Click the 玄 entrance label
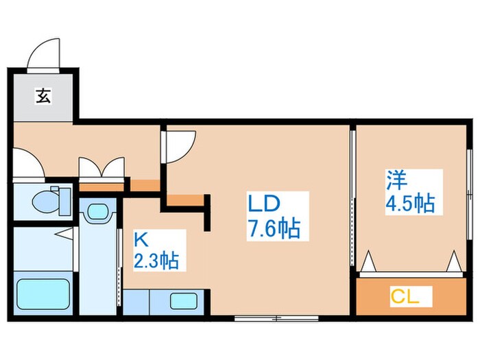pyautogui.click(x=43, y=97)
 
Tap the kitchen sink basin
pyautogui.click(x=182, y=301)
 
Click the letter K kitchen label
pyautogui.click(x=140, y=239)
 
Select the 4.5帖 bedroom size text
pyautogui.click(x=409, y=204)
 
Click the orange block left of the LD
pyautogui.click(x=185, y=200)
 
